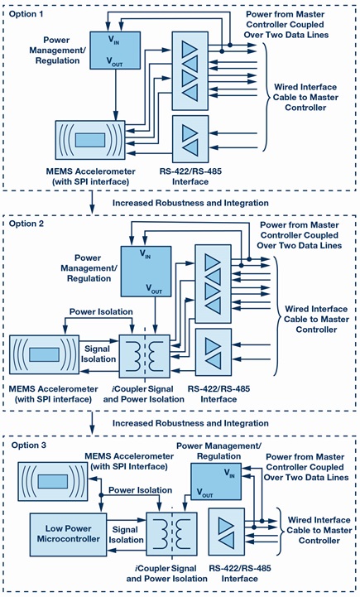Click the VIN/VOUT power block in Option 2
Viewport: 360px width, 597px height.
pyautogui.click(x=145, y=270)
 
